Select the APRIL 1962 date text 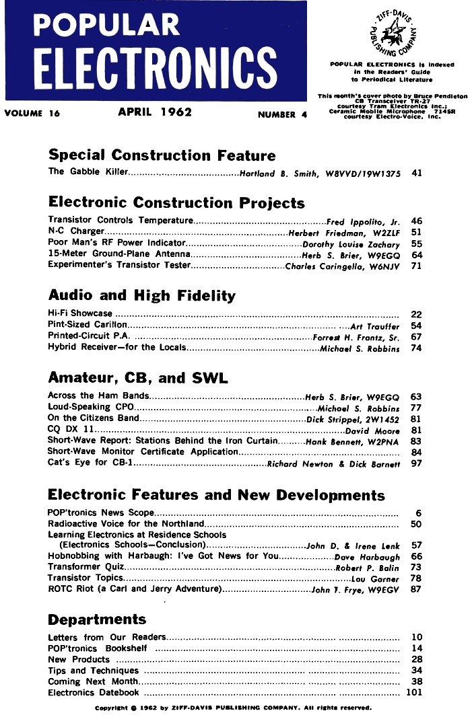(155, 112)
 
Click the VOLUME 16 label (32, 114)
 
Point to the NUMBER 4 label (282, 114)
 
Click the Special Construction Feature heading (162, 155)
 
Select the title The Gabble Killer (88, 172)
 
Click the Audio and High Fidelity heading (142, 295)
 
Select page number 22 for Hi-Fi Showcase (416, 313)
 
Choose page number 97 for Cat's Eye (416, 463)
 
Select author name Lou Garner (376, 578)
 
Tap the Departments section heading (97, 619)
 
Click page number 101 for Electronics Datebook (413, 692)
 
